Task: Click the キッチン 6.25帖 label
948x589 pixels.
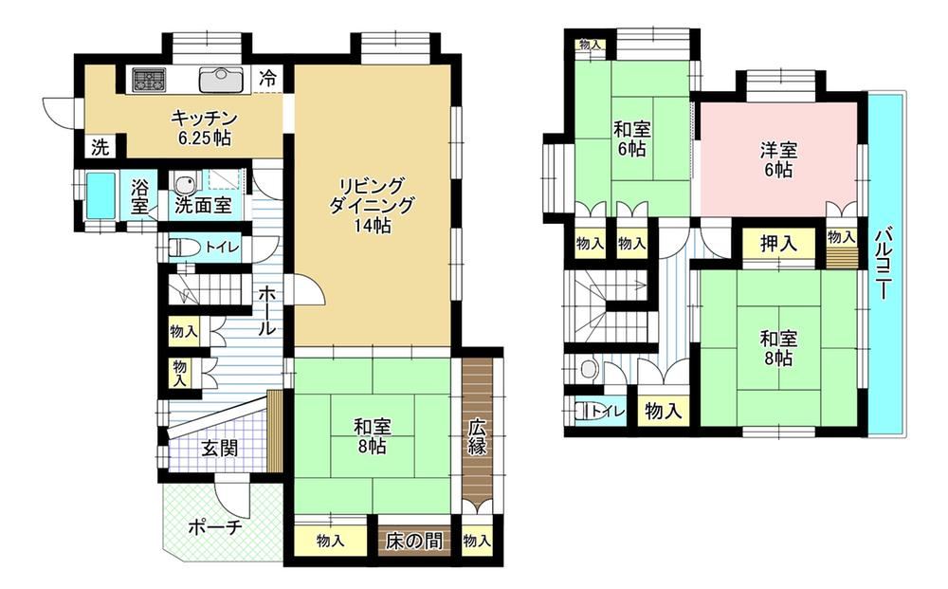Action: pyautogui.click(x=204, y=127)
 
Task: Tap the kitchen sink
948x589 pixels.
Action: pyautogui.click(x=222, y=80)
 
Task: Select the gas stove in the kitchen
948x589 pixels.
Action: pyautogui.click(x=149, y=80)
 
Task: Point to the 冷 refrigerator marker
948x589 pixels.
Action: pyautogui.click(x=268, y=78)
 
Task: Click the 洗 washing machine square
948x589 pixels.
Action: pyautogui.click(x=100, y=147)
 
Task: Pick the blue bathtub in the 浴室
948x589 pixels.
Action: pyautogui.click(x=101, y=195)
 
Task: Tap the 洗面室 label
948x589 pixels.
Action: pyautogui.click(x=203, y=206)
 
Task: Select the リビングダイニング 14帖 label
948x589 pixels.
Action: pyautogui.click(x=372, y=205)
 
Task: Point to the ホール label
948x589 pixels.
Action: pyautogui.click(x=267, y=311)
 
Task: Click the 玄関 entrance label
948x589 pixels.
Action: pyautogui.click(x=220, y=448)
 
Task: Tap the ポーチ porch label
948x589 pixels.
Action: pyautogui.click(x=216, y=527)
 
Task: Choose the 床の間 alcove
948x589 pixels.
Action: pyautogui.click(x=414, y=540)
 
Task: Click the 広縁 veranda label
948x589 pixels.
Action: pyautogui.click(x=477, y=436)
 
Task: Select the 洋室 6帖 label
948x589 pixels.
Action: pyautogui.click(x=778, y=160)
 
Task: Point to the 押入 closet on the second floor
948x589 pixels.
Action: pyautogui.click(x=778, y=244)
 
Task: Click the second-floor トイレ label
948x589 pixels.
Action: pyautogui.click(x=608, y=413)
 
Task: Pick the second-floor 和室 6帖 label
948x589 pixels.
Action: pyautogui.click(x=631, y=139)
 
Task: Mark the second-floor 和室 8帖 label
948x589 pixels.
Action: pyautogui.click(x=778, y=349)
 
